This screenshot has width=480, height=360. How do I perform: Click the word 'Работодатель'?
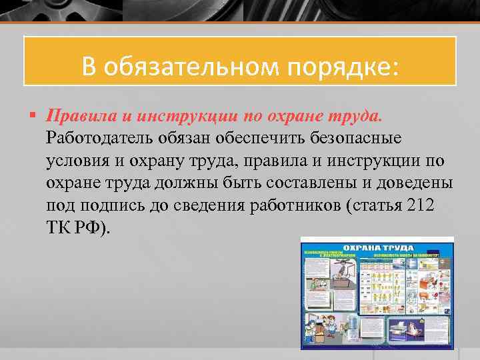coord(100,138)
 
